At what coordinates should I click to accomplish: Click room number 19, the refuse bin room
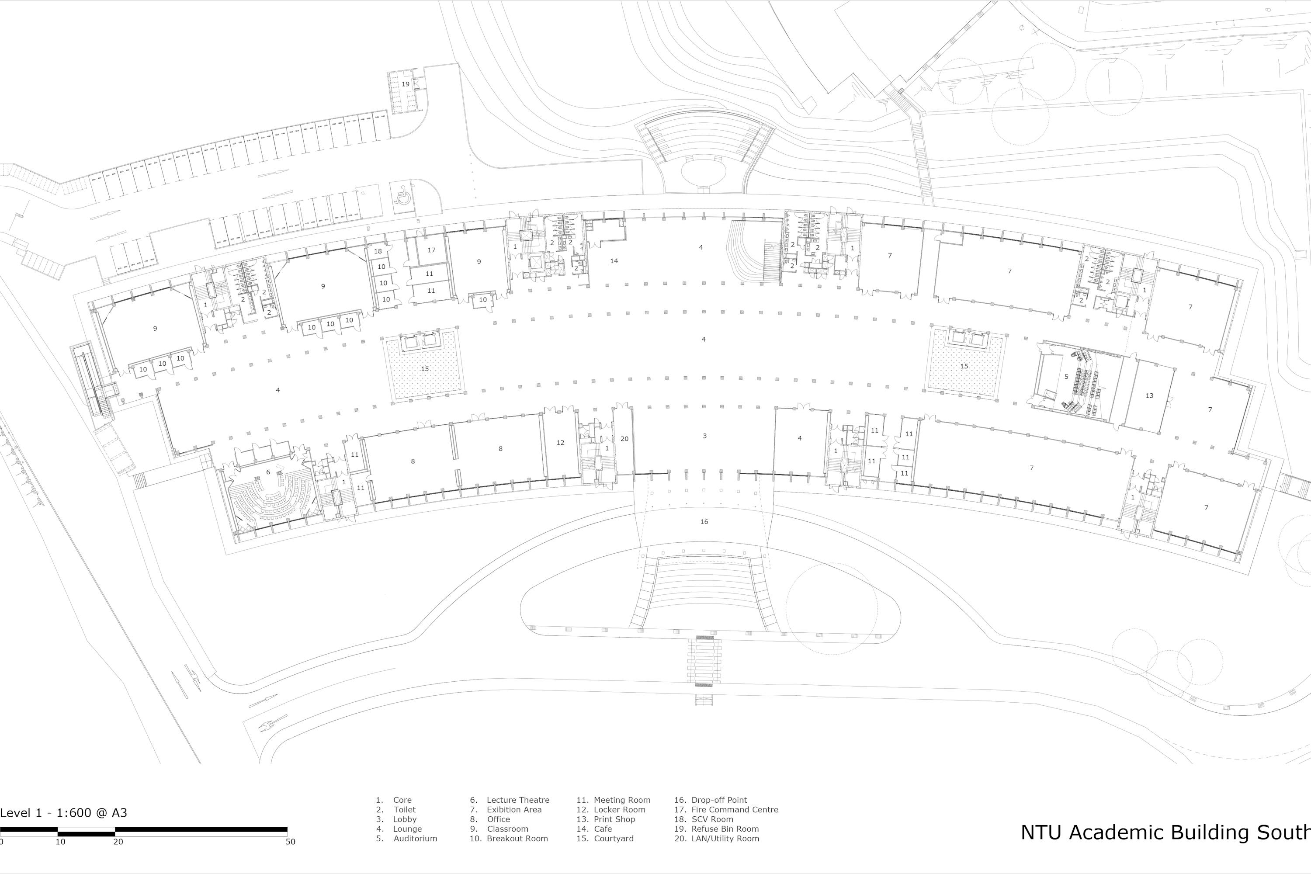405,84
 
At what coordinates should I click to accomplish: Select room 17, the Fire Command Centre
431,250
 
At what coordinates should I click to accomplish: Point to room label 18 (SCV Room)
378,251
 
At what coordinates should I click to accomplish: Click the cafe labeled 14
614,261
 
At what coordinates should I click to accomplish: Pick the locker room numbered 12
560,443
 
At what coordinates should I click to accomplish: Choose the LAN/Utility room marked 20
624,439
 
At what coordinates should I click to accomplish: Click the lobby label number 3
704,436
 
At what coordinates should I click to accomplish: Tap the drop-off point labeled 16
704,522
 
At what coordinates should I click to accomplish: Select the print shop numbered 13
1149,396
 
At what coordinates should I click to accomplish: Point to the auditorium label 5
1066,377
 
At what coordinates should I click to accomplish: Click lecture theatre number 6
268,472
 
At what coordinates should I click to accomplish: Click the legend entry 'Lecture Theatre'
518,800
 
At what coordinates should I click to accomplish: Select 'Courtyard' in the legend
614,838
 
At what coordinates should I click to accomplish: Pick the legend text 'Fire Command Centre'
735,809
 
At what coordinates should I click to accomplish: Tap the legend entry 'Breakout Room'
517,838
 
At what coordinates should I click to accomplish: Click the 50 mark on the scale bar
291,842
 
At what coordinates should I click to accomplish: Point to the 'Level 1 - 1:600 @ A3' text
63,813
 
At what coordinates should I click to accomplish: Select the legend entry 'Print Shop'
614,819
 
